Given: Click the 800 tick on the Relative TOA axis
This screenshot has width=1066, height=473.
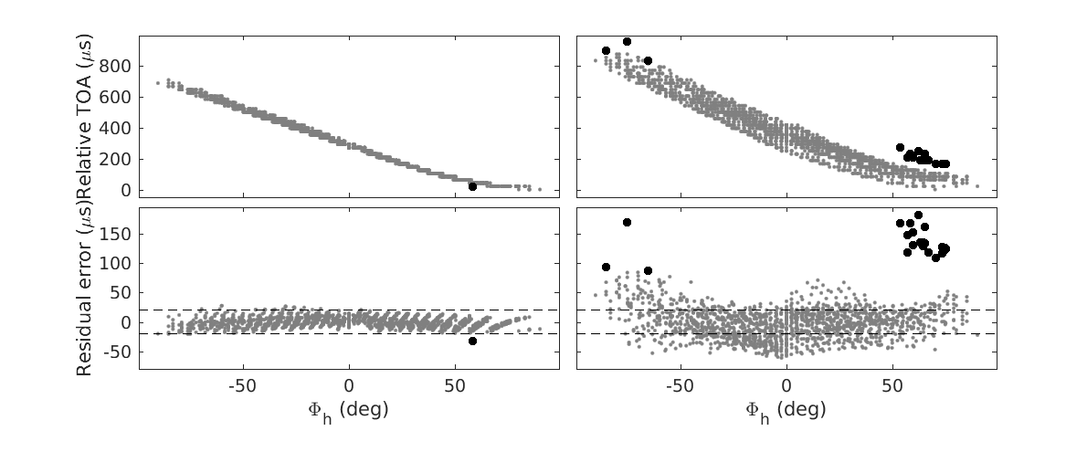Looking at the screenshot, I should tap(121, 67).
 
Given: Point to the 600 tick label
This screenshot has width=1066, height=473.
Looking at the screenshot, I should tap(121, 98).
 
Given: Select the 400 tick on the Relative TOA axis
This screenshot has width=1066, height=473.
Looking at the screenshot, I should tap(121, 129).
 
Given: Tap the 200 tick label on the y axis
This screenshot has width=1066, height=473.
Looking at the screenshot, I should tap(121, 160).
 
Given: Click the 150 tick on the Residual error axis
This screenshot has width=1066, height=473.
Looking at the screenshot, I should tap(121, 234).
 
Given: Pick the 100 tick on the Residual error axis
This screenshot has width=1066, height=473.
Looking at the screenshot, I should tap(121, 263).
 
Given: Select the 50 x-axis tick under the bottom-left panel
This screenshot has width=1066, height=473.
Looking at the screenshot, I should tap(454, 384).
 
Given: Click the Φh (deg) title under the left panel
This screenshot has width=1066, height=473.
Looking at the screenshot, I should tap(347, 409).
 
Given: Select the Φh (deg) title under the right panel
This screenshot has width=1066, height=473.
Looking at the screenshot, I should tap(786, 409).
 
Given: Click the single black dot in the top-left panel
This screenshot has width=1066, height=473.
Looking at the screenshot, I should tap(472, 186).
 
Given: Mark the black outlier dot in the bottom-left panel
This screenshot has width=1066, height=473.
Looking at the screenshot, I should tap(472, 341).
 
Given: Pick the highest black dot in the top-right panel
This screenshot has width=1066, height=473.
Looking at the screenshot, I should tap(627, 41).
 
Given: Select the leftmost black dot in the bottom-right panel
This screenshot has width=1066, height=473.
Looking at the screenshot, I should tap(606, 267).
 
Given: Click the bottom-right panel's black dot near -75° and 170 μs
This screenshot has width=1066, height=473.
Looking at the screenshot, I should tap(627, 222).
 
